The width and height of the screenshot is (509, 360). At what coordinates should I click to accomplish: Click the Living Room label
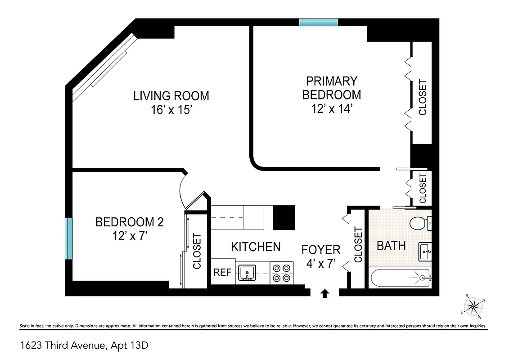(x=171, y=96)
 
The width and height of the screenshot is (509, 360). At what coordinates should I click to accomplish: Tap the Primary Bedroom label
(x=331, y=88)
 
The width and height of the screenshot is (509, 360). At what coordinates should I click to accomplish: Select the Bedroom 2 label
(x=129, y=222)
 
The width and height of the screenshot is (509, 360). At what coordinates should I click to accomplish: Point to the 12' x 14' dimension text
(x=331, y=109)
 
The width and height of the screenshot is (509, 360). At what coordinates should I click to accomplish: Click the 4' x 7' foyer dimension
(x=321, y=264)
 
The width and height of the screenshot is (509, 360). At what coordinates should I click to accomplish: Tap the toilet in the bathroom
(x=419, y=222)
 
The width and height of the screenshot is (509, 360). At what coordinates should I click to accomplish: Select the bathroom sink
(x=424, y=251)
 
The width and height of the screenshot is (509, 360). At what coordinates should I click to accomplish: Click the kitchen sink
(x=247, y=272)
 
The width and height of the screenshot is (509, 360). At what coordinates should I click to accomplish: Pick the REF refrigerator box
(x=222, y=272)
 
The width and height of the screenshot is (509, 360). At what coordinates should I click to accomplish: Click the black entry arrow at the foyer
(x=324, y=293)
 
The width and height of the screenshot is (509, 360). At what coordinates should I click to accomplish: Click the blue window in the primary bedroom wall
(x=319, y=22)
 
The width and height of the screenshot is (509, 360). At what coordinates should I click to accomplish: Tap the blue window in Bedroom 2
(x=68, y=238)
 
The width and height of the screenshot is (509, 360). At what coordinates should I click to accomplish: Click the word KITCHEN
(x=256, y=247)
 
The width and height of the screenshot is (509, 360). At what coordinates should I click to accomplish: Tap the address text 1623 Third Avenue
(x=84, y=346)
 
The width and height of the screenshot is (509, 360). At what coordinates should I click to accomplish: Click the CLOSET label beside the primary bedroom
(x=423, y=97)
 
